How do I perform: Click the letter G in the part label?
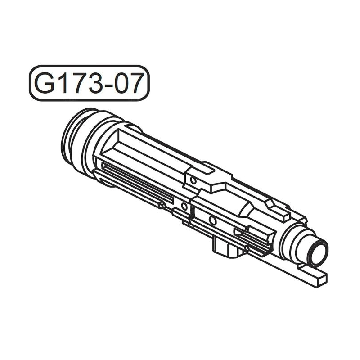coord(45,83)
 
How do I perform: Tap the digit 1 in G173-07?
coord(64,83)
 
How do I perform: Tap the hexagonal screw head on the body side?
coord(162,206)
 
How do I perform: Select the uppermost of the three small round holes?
coord(193,180)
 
